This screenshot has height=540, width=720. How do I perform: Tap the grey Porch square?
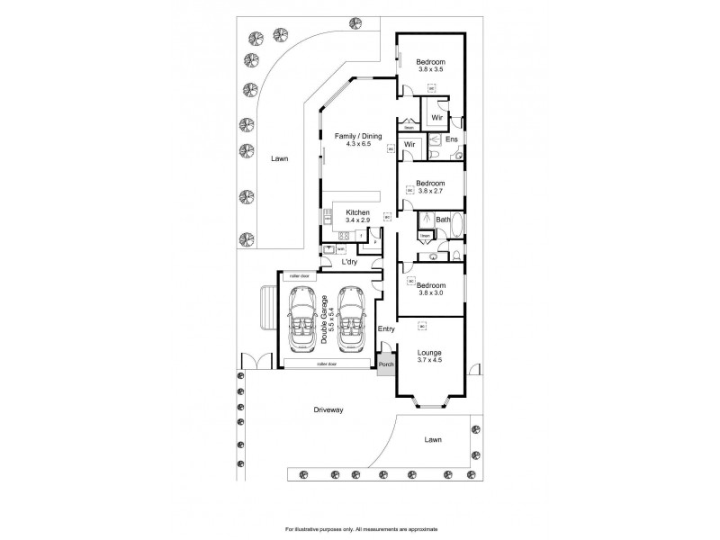[385, 364]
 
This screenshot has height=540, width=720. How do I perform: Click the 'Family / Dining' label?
[353, 135]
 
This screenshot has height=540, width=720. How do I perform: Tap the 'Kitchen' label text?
[358, 212]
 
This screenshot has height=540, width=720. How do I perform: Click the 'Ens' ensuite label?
[453, 139]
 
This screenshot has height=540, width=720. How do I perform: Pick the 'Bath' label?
[442, 220]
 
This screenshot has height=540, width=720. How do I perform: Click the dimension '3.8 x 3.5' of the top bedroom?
[429, 69]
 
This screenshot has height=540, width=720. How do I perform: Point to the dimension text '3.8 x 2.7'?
[429, 190]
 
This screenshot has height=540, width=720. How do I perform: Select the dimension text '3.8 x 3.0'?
[429, 290]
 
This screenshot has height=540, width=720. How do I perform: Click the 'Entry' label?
[386, 328]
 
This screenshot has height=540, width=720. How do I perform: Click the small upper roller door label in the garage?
[299, 275]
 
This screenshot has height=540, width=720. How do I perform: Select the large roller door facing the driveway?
[326, 364]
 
